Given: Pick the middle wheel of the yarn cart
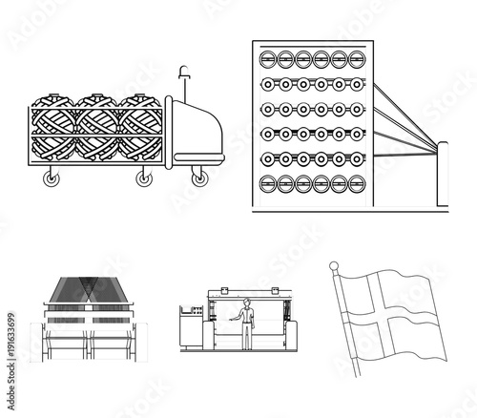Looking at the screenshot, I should (145, 178).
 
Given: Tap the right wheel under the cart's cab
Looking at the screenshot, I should (198, 178).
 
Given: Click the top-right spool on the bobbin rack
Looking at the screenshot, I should (356, 58).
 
